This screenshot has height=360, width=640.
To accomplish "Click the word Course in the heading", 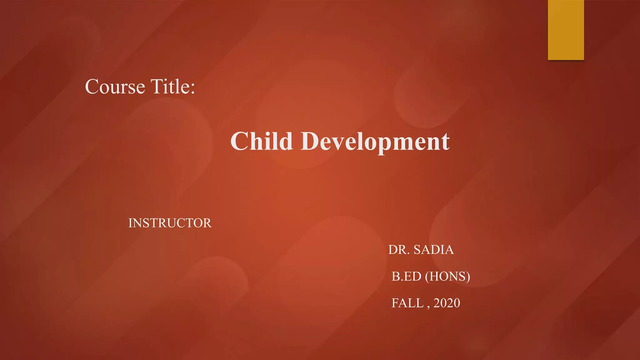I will pos(115,87).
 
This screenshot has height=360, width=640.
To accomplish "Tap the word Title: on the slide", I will pos(172,87).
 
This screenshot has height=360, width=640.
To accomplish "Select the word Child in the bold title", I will pos(262,141).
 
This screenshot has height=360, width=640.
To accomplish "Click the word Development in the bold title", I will pos(375,142).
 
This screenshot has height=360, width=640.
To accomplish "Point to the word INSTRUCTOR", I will pos(170,223).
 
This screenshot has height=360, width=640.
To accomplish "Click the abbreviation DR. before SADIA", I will pos(399,250).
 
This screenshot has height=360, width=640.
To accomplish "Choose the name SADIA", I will pos(434,250).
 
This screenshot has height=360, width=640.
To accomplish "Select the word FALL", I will pos(407,303).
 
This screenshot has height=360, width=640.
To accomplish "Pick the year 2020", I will pos(447,303).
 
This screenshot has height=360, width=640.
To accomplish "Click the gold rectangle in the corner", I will pos(566,30).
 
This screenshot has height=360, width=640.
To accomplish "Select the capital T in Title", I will pos(157,86).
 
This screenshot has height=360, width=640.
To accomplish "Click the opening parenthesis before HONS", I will pos(427,277).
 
